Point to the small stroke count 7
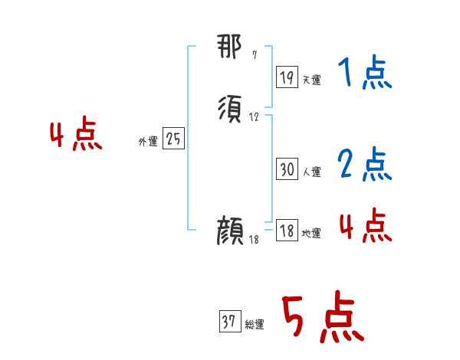click(255, 55)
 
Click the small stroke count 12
click(255, 117)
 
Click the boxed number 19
click(287, 77)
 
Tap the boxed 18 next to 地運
click(287, 231)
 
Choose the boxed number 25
click(173, 139)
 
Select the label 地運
click(311, 234)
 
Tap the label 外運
click(147, 142)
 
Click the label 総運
click(255, 325)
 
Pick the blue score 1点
click(364, 74)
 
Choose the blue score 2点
click(364, 163)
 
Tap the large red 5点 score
click(320, 318)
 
